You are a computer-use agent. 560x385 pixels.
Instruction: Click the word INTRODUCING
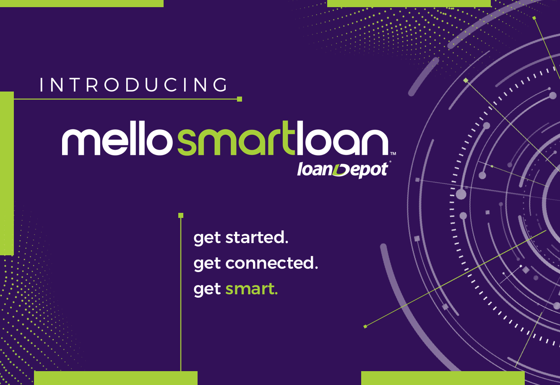click(134, 85)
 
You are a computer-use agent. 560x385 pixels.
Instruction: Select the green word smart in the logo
click(236, 138)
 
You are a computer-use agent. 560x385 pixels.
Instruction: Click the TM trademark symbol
click(393, 153)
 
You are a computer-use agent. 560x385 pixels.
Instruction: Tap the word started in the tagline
click(257, 237)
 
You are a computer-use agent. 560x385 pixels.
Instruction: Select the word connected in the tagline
click(272, 263)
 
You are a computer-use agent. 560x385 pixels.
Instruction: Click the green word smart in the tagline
click(252, 289)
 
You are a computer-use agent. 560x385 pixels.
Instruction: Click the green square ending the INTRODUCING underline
click(240, 99)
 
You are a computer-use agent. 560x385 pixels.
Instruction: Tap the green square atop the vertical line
click(181, 215)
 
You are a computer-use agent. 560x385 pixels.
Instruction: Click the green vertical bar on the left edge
click(7, 173)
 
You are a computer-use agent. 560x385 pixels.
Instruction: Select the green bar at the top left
click(82, 3)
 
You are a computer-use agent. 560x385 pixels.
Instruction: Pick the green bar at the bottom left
click(116, 378)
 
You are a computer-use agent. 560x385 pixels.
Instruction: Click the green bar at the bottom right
click(443, 378)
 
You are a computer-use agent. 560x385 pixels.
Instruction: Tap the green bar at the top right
click(409, 3)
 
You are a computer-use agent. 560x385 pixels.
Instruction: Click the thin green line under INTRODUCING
click(125, 99)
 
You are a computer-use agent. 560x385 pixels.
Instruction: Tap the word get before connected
click(207, 264)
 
